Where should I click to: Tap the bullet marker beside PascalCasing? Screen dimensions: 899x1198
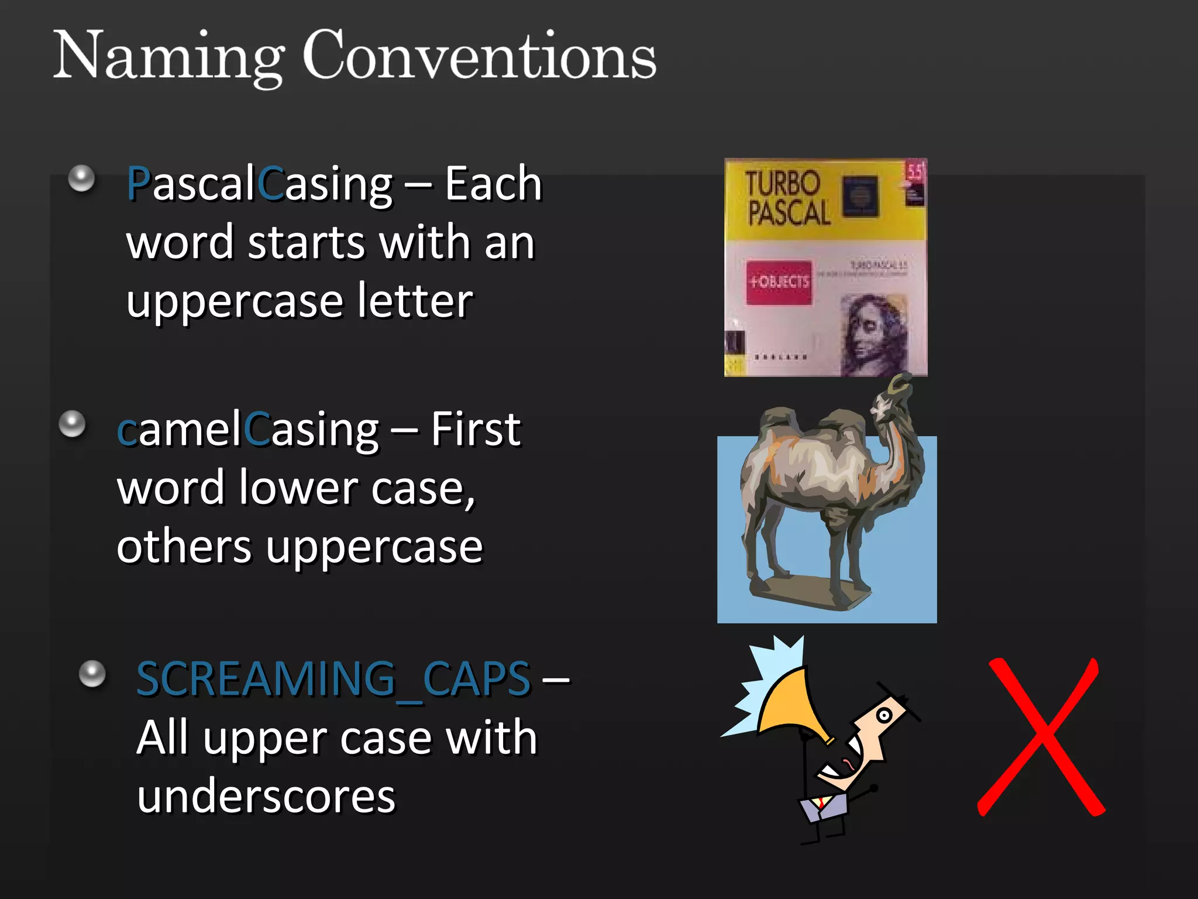pyautogui.click(x=81, y=178)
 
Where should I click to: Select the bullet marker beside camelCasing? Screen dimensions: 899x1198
pyautogui.click(x=73, y=424)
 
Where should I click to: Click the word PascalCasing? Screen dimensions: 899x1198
pyautogui.click(x=259, y=185)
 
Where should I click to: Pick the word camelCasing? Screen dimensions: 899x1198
pyautogui.click(x=247, y=430)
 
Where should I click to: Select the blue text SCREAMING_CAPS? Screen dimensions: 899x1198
pyautogui.click(x=333, y=680)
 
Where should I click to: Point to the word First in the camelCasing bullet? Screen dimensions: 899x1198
pyautogui.click(x=475, y=430)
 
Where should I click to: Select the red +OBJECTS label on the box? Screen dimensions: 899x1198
pyautogui.click(x=779, y=282)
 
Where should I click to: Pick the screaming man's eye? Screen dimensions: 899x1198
pyautogui.click(x=884, y=715)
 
